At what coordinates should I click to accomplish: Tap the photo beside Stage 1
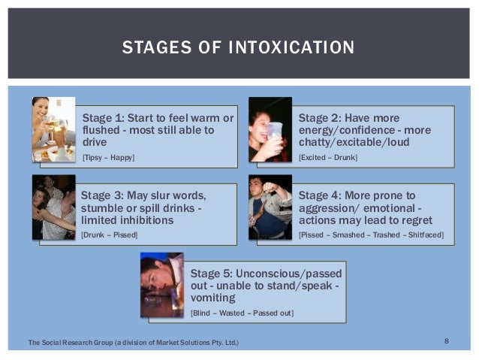53,129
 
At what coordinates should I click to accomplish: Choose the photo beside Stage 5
162,284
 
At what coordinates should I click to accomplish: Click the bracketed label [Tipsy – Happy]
109,157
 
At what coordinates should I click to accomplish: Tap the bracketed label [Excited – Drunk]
328,157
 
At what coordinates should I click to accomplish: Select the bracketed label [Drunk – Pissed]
110,235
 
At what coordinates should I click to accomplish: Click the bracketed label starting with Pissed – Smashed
371,235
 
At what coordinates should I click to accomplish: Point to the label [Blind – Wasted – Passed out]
242,312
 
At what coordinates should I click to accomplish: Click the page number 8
447,342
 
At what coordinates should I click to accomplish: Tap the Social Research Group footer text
134,343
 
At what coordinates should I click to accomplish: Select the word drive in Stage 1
95,142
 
